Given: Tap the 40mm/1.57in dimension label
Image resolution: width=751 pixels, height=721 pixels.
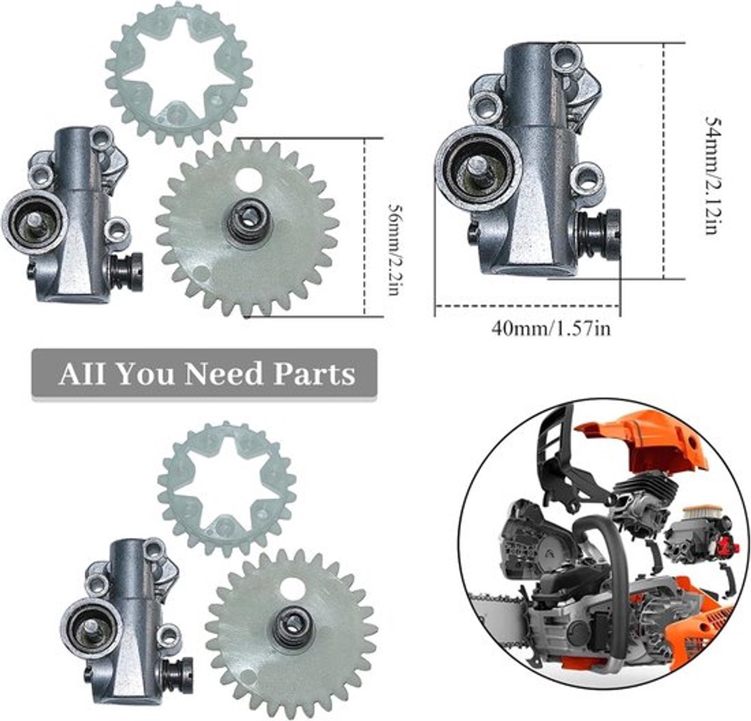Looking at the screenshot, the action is tap(551, 329).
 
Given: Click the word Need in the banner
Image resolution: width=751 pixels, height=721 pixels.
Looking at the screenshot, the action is tap(223, 374).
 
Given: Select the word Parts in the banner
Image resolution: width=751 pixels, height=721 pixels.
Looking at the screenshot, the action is tap(314, 374).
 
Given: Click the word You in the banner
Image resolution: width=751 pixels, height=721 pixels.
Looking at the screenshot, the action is tap(145, 374).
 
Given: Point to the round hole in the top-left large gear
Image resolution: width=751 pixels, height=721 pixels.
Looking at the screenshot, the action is tap(249, 180).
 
